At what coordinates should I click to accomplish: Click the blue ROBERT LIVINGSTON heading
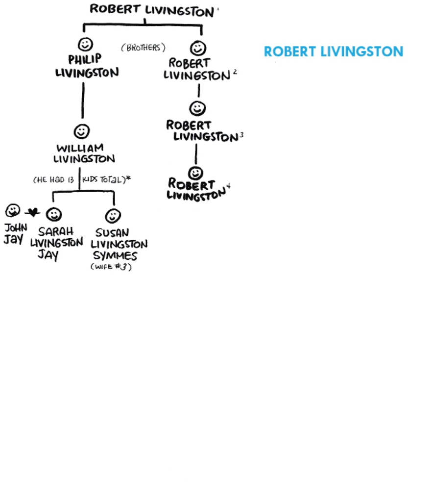334,51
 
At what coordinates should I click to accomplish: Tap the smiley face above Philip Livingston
85,44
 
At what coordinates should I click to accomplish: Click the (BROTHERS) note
143,48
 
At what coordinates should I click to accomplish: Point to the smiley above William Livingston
82,131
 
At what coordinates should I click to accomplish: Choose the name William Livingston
85,153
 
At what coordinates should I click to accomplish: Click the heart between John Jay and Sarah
33,213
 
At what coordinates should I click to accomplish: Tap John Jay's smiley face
12,211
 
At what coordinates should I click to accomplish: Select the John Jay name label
15,233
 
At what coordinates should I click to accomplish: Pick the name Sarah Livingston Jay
56,243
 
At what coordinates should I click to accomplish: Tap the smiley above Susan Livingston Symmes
113,215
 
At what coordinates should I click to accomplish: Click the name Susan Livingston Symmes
118,244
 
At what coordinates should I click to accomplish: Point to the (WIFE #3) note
111,267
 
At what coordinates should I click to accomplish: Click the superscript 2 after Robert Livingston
235,73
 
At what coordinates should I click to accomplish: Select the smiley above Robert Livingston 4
195,172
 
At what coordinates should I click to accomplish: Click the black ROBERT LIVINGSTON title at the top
152,10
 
